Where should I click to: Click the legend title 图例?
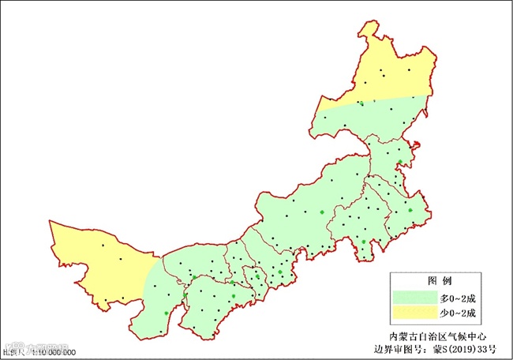tap(439, 282)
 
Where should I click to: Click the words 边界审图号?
tap(404, 348)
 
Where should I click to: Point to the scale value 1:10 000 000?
tap(53, 352)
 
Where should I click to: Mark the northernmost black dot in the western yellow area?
tap(102, 246)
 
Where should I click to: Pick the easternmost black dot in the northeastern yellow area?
tap(410, 70)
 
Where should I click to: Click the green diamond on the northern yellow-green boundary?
tap(361, 103)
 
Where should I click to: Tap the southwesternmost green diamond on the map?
tap(166, 313)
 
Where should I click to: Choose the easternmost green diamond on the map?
tap(410, 209)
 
